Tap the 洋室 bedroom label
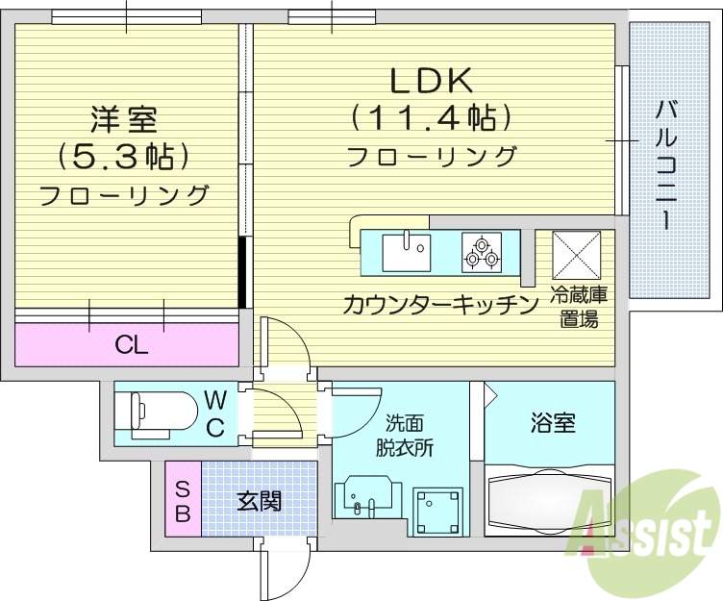123,119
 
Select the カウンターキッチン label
439,305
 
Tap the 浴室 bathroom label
553,423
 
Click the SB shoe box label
182,499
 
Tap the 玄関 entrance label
259,500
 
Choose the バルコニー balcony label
664,163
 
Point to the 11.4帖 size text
429,118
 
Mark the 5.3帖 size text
123,156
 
